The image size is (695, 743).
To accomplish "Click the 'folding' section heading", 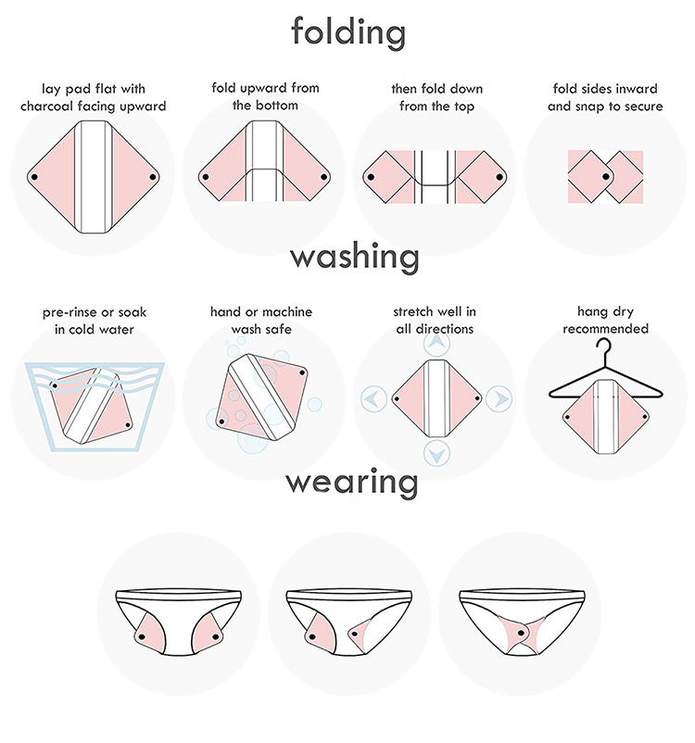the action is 348,31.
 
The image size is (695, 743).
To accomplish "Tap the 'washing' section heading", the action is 355,256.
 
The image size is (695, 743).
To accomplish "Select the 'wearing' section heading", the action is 352,483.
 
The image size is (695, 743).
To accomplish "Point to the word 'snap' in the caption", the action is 589,107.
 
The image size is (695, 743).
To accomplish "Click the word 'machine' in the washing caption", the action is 285,312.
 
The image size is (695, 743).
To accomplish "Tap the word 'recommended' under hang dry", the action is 605,328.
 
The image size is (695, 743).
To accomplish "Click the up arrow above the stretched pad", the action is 436,343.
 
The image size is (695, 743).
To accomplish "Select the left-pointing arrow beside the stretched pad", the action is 374,398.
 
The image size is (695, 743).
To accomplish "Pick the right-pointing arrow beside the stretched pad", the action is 499,399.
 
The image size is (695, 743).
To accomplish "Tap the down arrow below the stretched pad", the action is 436,453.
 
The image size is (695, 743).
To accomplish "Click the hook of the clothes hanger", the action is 604,348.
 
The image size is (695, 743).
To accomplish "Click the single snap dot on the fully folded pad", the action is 605,177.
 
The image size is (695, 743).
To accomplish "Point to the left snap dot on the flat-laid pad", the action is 33,177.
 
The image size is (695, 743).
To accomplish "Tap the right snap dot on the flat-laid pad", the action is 153,177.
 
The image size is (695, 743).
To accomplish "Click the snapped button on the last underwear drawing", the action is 522,633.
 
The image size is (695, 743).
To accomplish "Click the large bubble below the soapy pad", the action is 252,439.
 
